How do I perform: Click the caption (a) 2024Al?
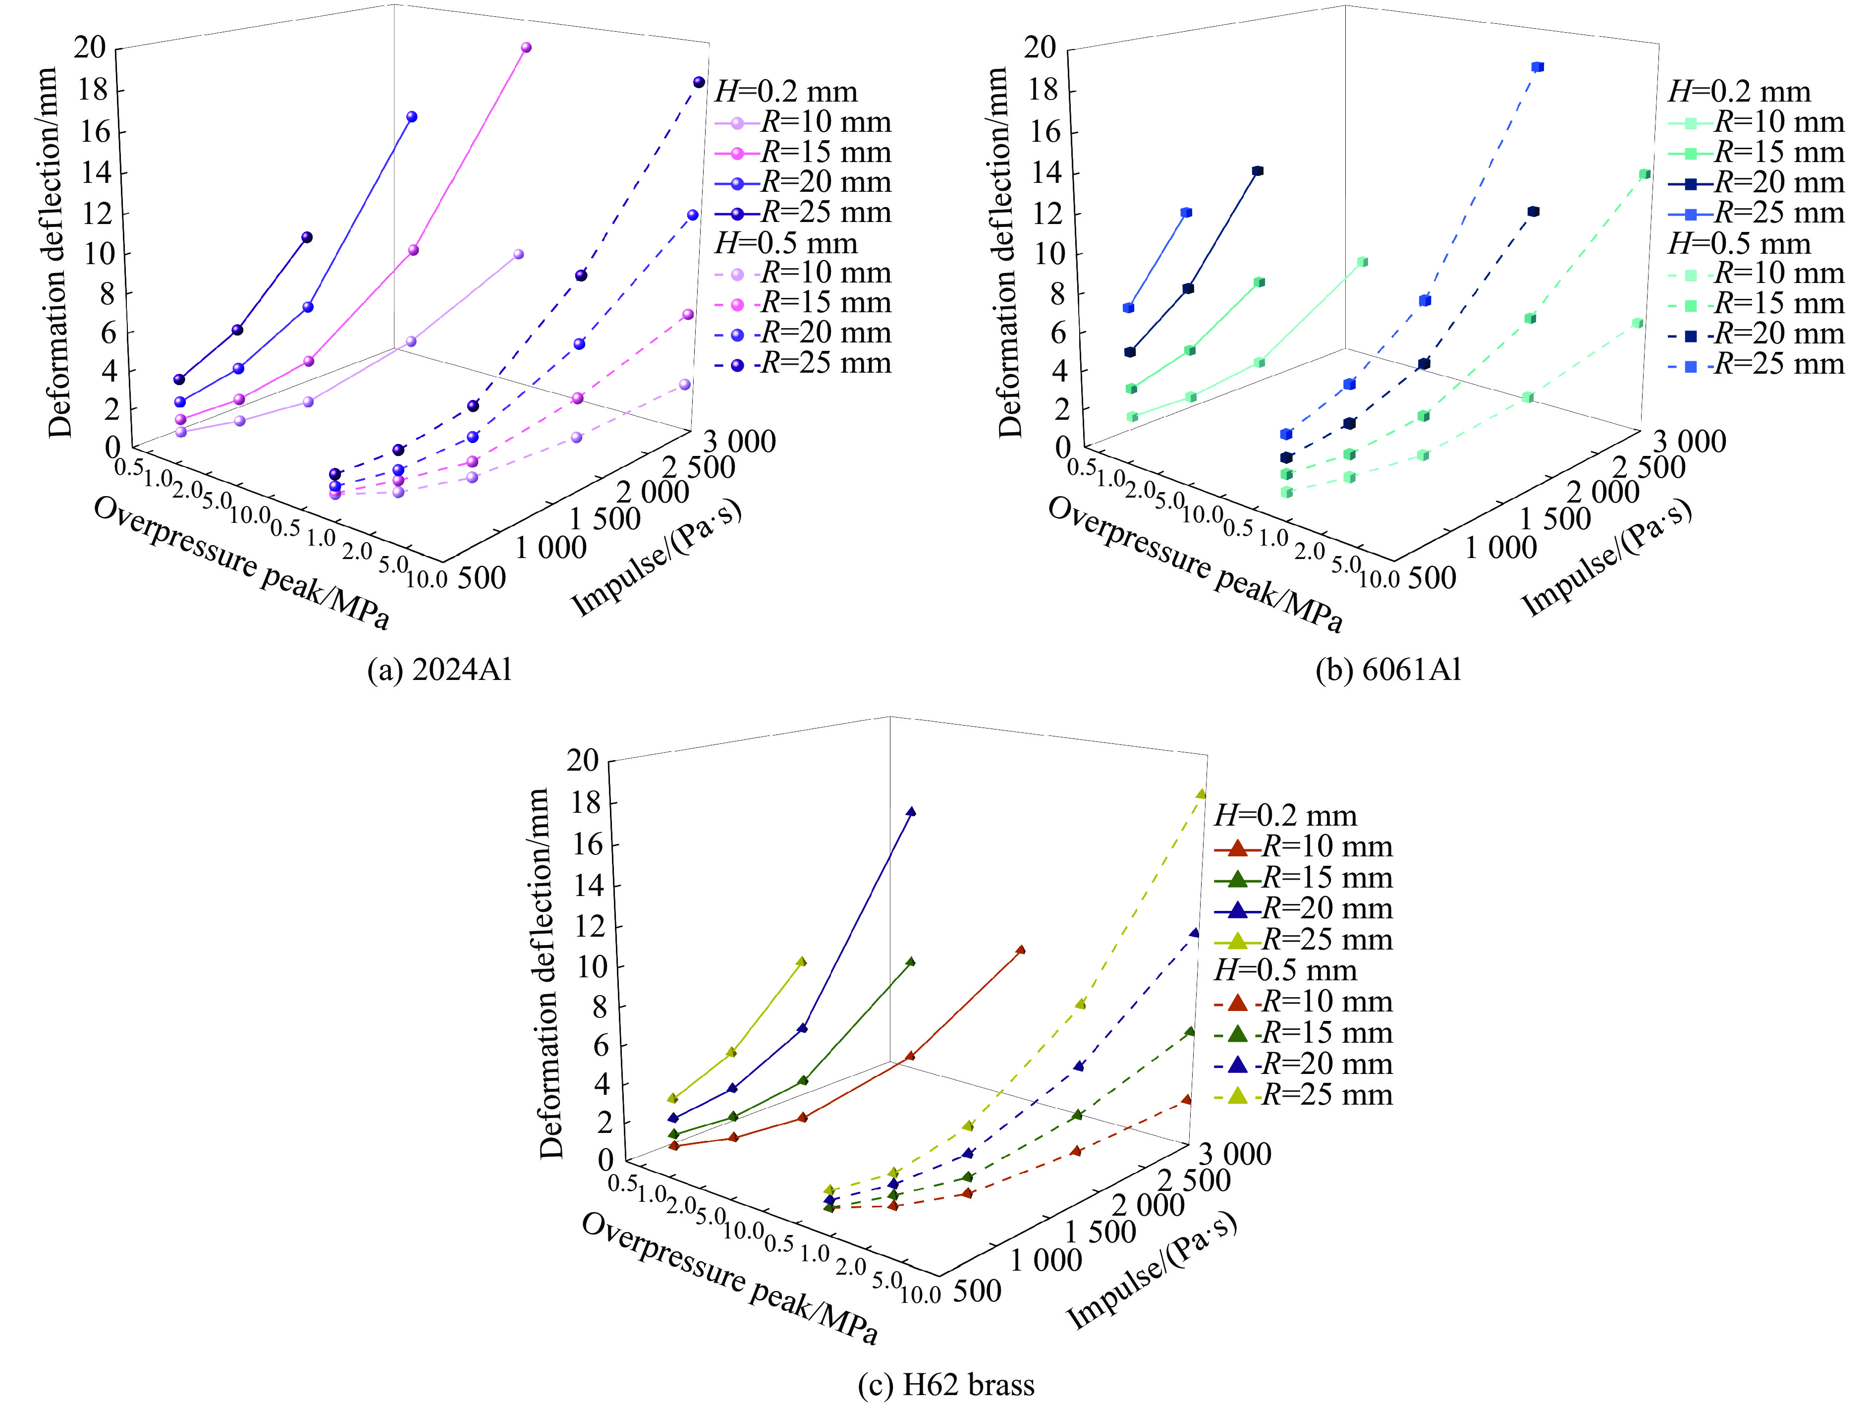point(440,670)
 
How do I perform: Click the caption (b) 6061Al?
point(1389,670)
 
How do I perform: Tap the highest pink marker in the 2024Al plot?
point(526,48)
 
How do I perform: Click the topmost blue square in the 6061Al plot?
point(1538,67)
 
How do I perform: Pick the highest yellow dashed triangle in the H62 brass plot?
point(1201,793)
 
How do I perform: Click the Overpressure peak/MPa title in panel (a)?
point(241,563)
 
